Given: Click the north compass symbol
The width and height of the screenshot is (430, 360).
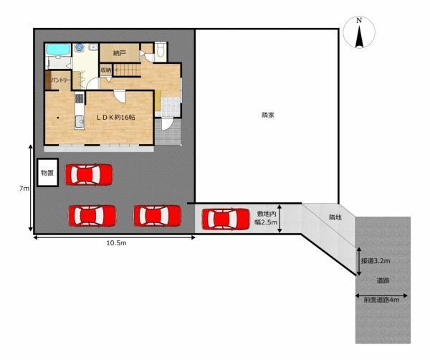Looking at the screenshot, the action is point(359,32).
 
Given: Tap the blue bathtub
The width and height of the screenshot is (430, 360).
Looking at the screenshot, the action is point(58,49).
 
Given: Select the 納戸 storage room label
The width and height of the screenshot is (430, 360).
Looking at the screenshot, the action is point(119,53).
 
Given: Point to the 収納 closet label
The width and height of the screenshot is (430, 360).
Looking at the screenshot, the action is point(106,70).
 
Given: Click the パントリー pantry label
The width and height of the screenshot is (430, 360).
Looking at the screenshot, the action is point(61,80).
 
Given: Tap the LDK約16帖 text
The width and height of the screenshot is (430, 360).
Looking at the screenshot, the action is point(115,117).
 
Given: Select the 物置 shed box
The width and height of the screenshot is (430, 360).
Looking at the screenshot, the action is point(47,173).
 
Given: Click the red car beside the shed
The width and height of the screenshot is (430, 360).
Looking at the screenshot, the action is point(89,174).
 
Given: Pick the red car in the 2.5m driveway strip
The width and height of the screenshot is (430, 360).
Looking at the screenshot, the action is point(226,219).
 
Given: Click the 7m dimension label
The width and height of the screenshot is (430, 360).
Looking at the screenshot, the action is point(24,189).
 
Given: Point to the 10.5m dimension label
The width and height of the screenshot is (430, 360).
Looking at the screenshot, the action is point(116,243).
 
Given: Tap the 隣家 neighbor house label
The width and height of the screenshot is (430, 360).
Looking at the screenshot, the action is point(267,115).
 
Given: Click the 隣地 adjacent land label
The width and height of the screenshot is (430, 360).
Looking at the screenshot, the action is point(335,217).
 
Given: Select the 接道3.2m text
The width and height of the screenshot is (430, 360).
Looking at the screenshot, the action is point(375,260).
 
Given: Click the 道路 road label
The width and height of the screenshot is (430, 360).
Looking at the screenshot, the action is point(383,280).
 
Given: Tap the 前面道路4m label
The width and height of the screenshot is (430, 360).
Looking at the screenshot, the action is point(381,300).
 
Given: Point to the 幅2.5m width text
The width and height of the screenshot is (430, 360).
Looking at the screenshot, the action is point(266,222).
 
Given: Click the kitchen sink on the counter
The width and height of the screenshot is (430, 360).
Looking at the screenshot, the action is point(80,121).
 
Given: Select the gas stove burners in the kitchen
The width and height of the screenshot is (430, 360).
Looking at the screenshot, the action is point(80,98).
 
